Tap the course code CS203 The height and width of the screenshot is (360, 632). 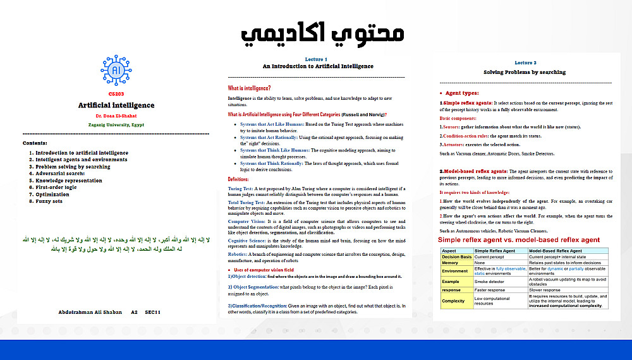[x=116, y=93]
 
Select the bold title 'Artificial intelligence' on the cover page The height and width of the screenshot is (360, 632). [x=116, y=105]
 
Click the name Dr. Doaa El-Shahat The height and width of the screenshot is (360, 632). [x=116, y=116]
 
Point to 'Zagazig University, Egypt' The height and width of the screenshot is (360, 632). [x=116, y=125]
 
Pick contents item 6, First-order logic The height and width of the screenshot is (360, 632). [x=56, y=187]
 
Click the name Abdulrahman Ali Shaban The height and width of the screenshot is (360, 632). [x=89, y=312]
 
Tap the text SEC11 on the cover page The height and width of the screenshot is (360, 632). [x=152, y=312]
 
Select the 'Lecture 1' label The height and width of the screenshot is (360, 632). [x=316, y=59]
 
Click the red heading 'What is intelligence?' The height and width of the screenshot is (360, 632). [x=249, y=88]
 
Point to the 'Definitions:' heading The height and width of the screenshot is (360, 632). [x=239, y=180]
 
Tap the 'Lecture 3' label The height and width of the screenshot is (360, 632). [x=525, y=63]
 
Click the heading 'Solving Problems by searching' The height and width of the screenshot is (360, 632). [x=525, y=72]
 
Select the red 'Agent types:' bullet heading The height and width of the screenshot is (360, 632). [x=462, y=93]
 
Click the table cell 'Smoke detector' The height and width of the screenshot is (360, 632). [x=490, y=280]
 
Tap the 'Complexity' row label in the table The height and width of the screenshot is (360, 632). [x=453, y=301]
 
